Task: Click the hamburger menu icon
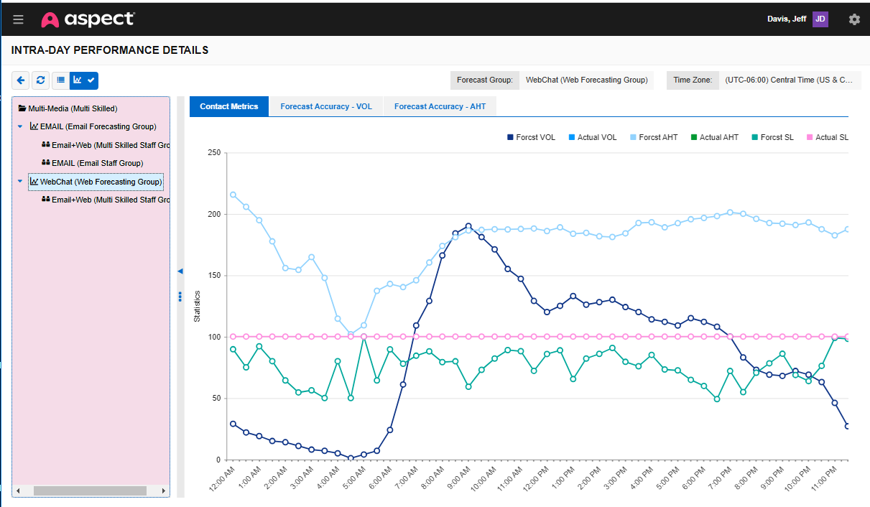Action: pyautogui.click(x=18, y=19)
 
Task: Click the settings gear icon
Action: pyautogui.click(x=854, y=19)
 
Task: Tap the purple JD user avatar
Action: pyautogui.click(x=820, y=19)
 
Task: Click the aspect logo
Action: pyautogui.click(x=88, y=19)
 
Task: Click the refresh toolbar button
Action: pyautogui.click(x=41, y=80)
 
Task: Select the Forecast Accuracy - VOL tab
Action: pyautogui.click(x=326, y=106)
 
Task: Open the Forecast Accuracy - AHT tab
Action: pyautogui.click(x=440, y=106)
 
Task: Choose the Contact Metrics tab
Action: pyautogui.click(x=228, y=106)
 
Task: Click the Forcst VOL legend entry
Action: pyautogui.click(x=531, y=137)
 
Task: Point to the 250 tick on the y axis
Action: pyautogui.click(x=213, y=152)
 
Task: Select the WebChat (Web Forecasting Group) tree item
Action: pyautogui.click(x=101, y=182)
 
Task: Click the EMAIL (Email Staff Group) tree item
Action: pyautogui.click(x=97, y=163)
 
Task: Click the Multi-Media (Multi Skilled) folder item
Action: pyautogui.click(x=72, y=108)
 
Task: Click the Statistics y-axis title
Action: pyautogui.click(x=197, y=306)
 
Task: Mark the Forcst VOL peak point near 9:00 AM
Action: pyautogui.click(x=468, y=226)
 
